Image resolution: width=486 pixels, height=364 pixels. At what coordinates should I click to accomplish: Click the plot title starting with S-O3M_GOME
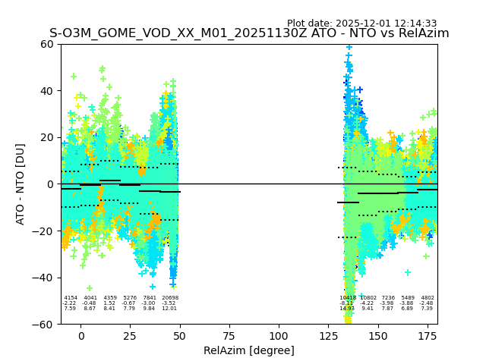[249, 33]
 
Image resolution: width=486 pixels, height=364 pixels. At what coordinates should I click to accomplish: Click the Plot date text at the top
[361, 24]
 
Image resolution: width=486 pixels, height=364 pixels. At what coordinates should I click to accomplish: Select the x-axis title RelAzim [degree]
[249, 350]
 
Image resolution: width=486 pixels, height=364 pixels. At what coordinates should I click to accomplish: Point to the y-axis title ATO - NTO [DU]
[21, 184]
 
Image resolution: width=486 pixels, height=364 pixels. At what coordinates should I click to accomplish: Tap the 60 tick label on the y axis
[46, 44]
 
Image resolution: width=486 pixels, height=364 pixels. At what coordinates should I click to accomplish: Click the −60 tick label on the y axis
[43, 324]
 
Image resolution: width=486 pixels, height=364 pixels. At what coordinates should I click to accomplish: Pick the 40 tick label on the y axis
[46, 91]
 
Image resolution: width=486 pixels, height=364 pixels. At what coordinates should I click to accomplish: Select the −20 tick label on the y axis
[43, 231]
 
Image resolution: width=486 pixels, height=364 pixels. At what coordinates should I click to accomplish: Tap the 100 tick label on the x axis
[279, 336]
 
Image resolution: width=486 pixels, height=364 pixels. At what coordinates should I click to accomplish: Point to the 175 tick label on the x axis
[428, 336]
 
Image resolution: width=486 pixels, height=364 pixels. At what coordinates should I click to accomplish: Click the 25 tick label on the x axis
[130, 336]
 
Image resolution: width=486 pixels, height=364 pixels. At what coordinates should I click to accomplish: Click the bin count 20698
[169, 298]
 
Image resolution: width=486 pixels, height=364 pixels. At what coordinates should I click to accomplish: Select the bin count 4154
[71, 298]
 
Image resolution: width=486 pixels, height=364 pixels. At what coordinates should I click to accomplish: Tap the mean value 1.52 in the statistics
[110, 303]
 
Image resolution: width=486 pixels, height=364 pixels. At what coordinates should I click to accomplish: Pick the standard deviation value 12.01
[169, 309]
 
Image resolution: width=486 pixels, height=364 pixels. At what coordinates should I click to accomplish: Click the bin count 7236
[388, 298]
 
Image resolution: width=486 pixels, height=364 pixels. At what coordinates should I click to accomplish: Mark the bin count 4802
[428, 298]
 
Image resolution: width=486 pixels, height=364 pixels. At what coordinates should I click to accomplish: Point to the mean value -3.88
[408, 303]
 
